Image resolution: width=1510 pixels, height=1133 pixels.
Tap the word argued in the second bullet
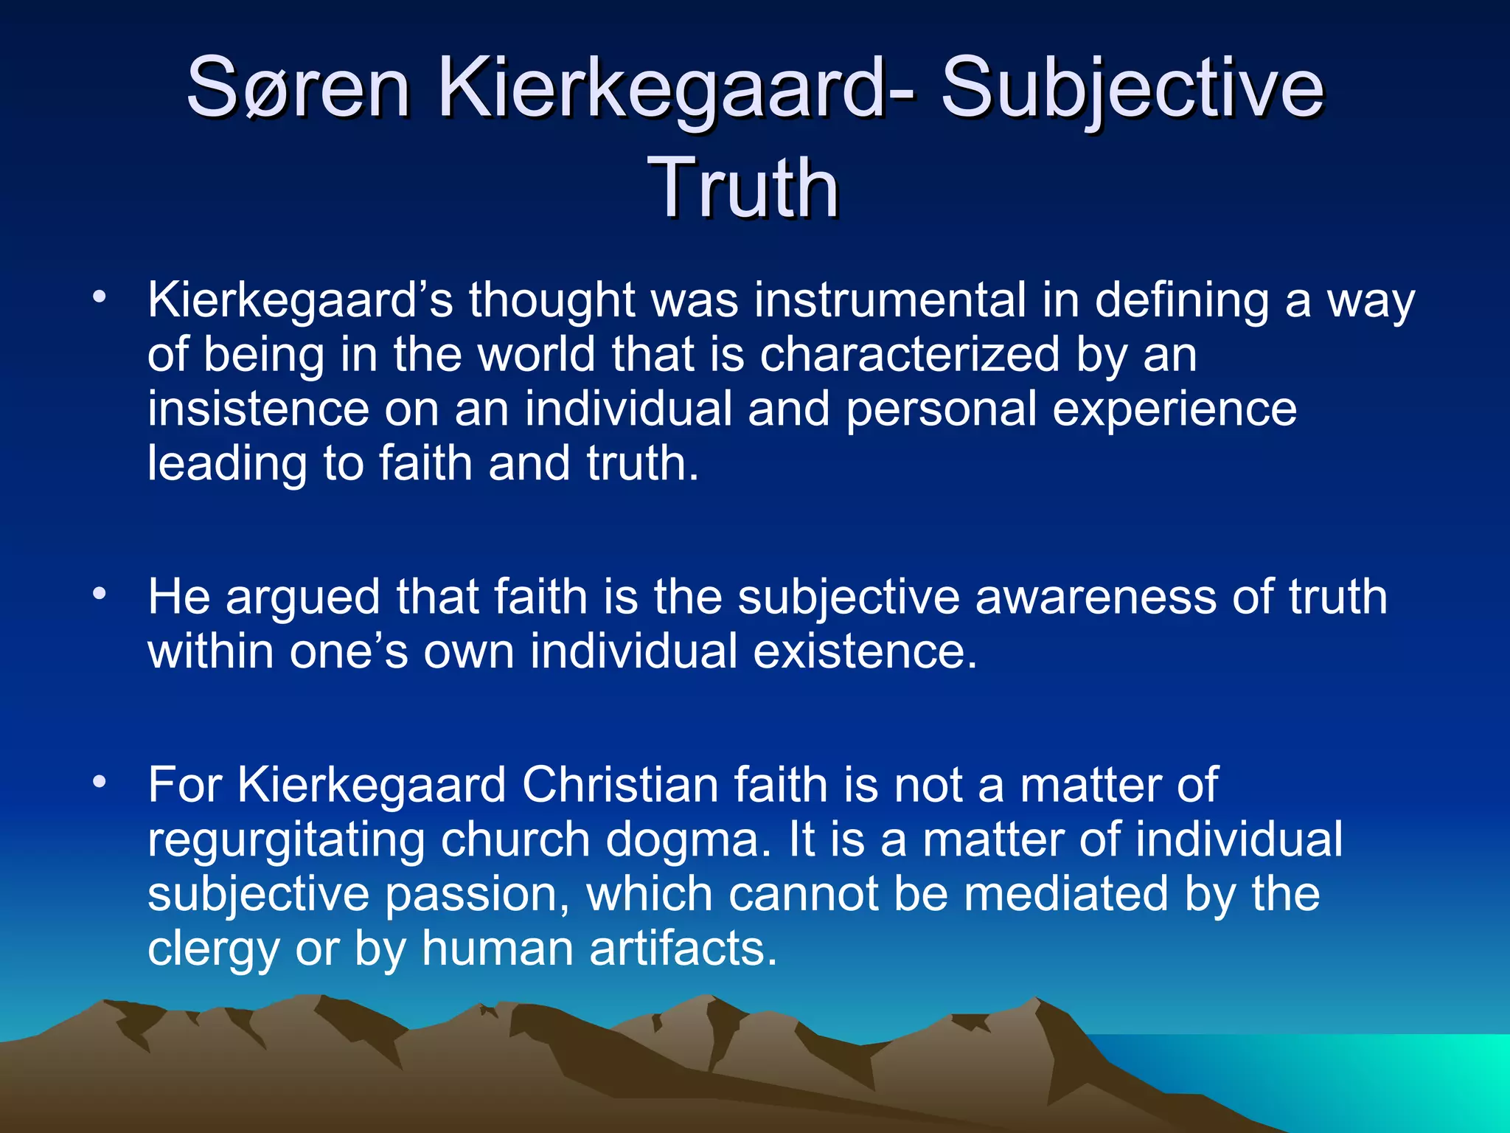(x=303, y=598)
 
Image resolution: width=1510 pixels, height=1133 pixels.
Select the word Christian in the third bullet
(x=619, y=784)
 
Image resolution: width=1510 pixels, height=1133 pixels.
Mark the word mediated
(x=1066, y=893)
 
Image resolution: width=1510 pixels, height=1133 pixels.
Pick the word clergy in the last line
(x=213, y=949)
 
